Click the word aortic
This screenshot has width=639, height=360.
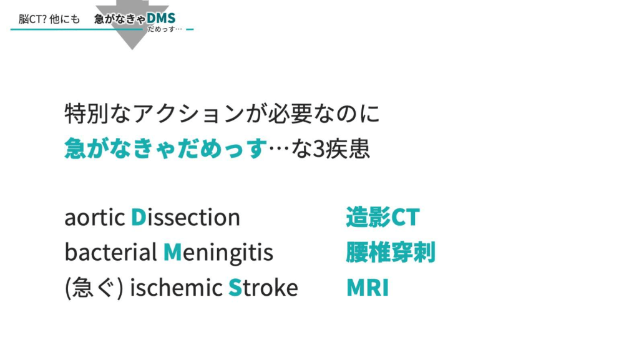[95, 218]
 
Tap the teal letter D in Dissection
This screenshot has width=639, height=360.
[139, 217]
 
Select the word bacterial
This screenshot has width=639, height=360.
[111, 252]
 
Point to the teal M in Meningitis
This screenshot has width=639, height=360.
[172, 253]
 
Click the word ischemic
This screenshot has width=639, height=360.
[176, 288]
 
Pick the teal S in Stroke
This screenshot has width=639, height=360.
[235, 288]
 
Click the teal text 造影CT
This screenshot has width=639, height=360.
[383, 217]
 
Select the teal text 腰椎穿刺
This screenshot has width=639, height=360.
[391, 252]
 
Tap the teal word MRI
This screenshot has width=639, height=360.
[368, 288]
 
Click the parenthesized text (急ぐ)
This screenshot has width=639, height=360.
[94, 288]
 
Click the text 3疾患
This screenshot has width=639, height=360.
[341, 148]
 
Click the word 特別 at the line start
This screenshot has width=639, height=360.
[87, 113]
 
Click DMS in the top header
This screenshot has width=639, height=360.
[161, 18]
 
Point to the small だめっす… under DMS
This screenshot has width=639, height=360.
[165, 29]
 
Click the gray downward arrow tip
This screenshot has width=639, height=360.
[132, 50]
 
